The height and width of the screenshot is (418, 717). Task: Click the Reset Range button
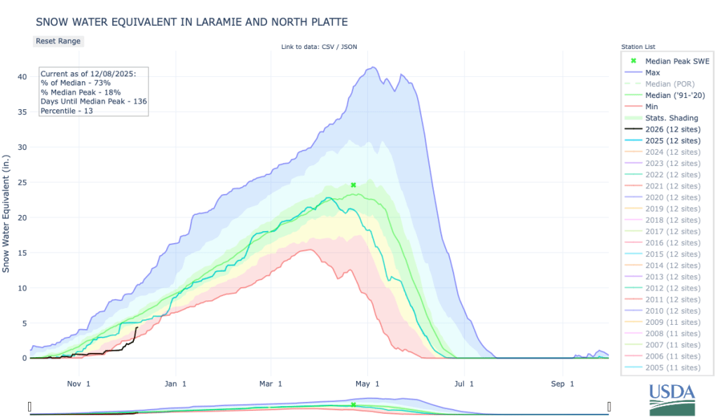(58, 41)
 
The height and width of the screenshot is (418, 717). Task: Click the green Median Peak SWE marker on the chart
(353, 185)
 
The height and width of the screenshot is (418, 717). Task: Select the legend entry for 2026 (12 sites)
(671, 130)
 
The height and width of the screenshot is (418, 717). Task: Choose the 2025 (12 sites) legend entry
(671, 141)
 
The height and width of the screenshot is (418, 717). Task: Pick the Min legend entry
(652, 106)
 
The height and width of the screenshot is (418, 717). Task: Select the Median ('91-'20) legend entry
(671, 95)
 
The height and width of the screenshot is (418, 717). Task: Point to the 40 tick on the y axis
(22, 76)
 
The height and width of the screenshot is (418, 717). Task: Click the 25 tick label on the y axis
(22, 182)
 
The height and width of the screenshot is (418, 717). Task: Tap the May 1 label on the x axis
(367, 383)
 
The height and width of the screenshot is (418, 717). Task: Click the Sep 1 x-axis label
(562, 383)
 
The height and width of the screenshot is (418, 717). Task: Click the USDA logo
(671, 400)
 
